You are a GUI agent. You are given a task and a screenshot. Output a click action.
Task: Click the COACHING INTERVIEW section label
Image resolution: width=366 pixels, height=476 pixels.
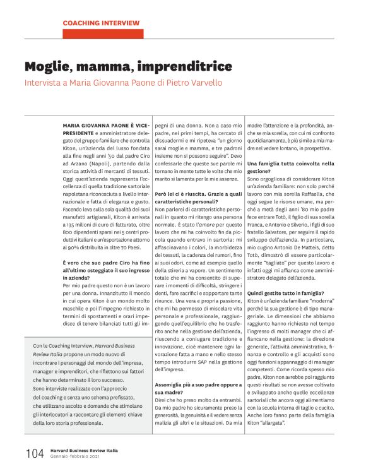[x=101, y=23]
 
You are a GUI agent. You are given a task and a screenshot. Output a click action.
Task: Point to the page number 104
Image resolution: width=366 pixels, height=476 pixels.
[x=34, y=453]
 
